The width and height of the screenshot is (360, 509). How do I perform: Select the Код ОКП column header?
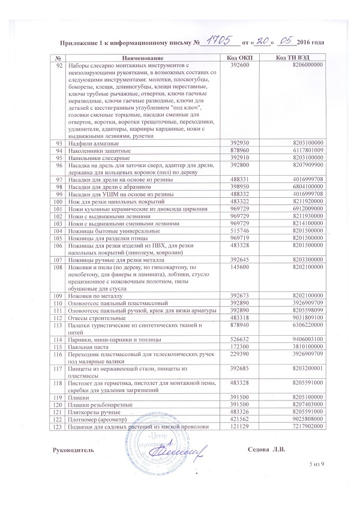click(240, 57)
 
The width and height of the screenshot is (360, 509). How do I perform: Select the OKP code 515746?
click(239, 230)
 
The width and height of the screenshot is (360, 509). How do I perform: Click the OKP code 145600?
click(239, 268)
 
